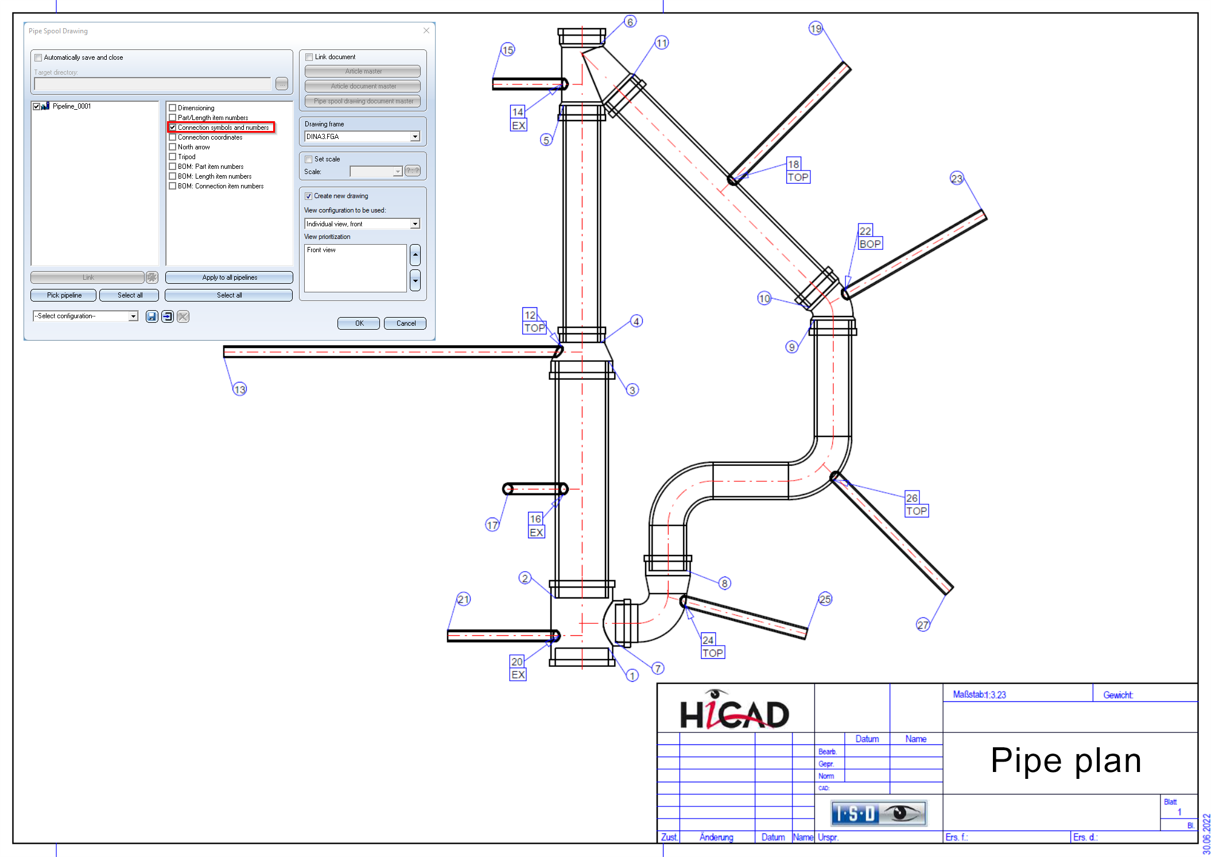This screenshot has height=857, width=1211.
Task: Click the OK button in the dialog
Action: tap(358, 323)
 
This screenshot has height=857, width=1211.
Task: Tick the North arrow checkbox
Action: tap(172, 147)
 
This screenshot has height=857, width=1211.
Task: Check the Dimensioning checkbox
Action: tap(172, 108)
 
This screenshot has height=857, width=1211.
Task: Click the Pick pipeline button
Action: tap(64, 295)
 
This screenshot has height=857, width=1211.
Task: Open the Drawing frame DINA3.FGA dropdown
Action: tap(415, 137)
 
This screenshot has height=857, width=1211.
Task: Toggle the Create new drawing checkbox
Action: tap(308, 196)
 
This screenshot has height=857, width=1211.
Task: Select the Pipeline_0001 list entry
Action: tap(71, 106)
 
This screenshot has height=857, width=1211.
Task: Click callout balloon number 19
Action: tap(816, 28)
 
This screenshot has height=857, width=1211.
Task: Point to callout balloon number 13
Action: tap(239, 389)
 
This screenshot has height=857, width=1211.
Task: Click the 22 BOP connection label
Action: tap(870, 237)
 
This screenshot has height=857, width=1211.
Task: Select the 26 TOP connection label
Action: tap(916, 504)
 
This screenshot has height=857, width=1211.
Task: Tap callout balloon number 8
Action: tap(725, 584)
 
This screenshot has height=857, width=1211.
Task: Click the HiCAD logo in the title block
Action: tap(734, 712)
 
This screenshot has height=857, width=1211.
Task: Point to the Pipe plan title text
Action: tap(1065, 761)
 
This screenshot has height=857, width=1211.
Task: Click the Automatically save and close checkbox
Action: tap(38, 57)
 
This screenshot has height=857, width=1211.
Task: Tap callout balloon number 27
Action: tap(922, 625)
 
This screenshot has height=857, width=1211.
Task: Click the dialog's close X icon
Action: tap(426, 30)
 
